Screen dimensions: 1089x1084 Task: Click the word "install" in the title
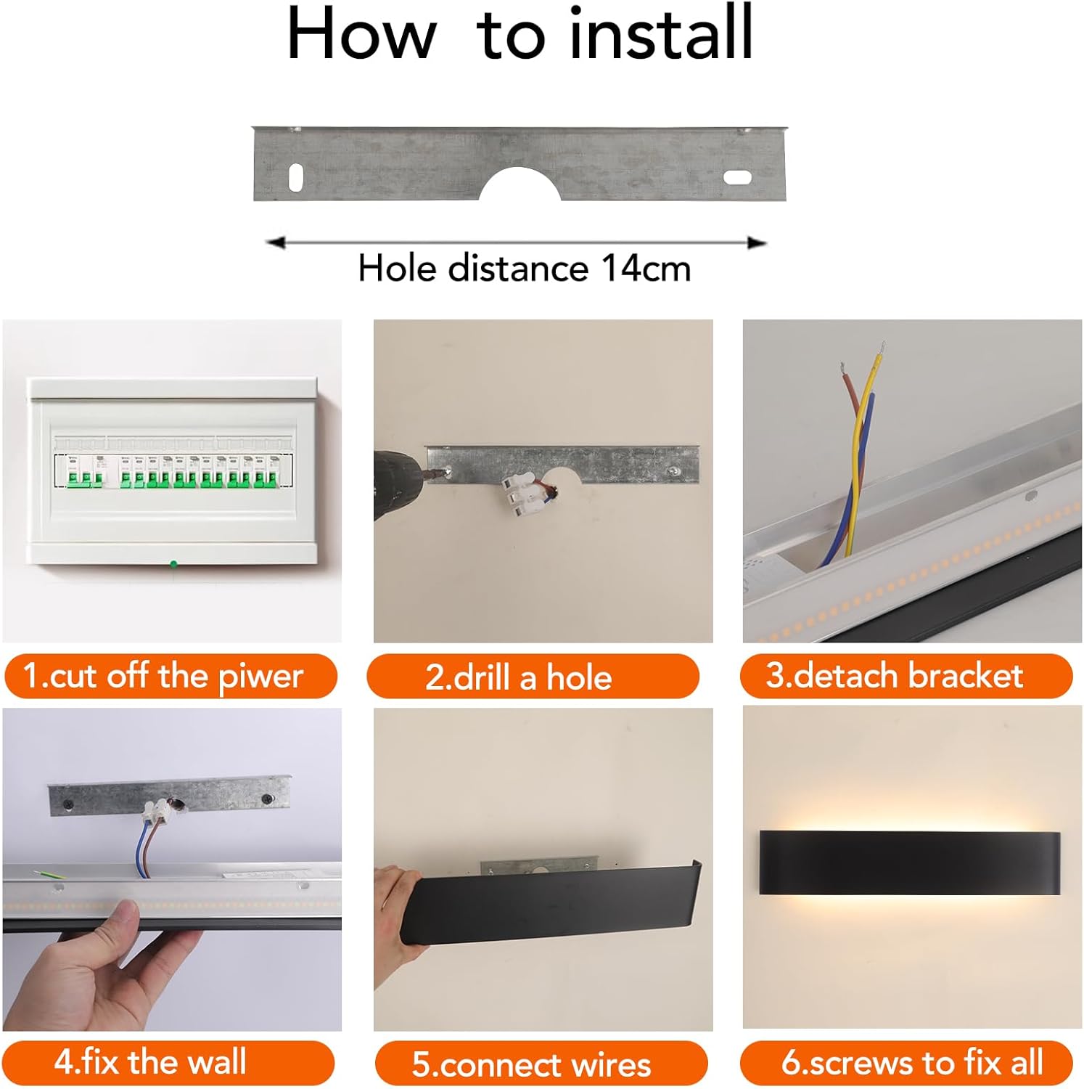tap(660, 34)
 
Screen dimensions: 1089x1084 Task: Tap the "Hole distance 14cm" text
tap(524, 269)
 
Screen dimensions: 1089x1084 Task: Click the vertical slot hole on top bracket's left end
tap(296, 177)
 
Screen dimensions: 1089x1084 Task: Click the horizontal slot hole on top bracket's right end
tap(737, 177)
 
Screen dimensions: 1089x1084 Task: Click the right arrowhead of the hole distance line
tap(757, 242)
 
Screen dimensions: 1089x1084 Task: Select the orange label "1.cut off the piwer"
tap(171, 677)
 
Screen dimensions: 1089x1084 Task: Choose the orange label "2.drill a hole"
tap(533, 677)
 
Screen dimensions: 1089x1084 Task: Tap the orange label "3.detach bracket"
tap(906, 676)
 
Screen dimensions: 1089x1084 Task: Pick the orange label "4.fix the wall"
tap(168, 1063)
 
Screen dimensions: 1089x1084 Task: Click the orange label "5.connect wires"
tap(541, 1064)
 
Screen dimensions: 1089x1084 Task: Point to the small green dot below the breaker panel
tap(173, 563)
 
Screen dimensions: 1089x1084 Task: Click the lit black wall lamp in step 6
tap(909, 862)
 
